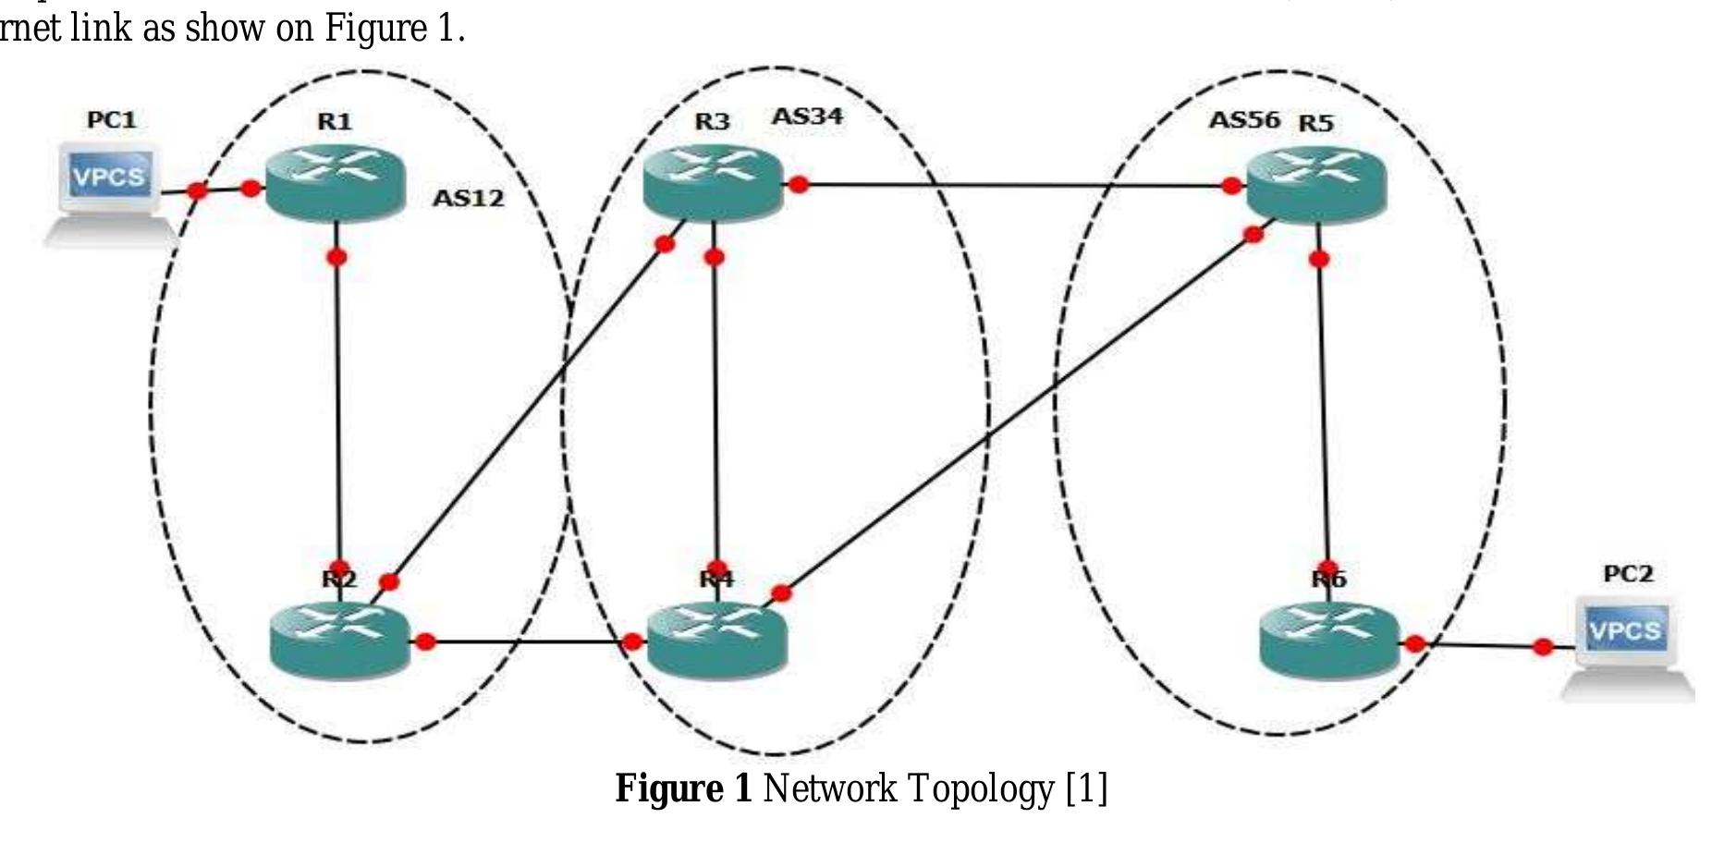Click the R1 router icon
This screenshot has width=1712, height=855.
tap(335, 185)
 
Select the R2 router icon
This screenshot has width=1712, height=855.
tap(339, 641)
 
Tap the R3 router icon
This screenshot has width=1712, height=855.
tap(713, 185)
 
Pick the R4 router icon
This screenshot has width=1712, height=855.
tap(716, 640)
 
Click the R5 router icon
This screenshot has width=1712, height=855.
tap(1316, 187)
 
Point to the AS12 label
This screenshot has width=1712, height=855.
tap(469, 198)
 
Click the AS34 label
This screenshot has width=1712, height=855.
tap(807, 116)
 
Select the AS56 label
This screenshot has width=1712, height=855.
tap(1244, 120)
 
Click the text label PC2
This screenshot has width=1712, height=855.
tap(1627, 574)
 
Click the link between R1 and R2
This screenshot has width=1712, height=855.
tap(338, 407)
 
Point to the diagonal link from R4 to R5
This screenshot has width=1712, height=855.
tap(1017, 414)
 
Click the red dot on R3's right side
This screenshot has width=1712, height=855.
tap(799, 185)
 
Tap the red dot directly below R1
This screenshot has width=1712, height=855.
tap(337, 256)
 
